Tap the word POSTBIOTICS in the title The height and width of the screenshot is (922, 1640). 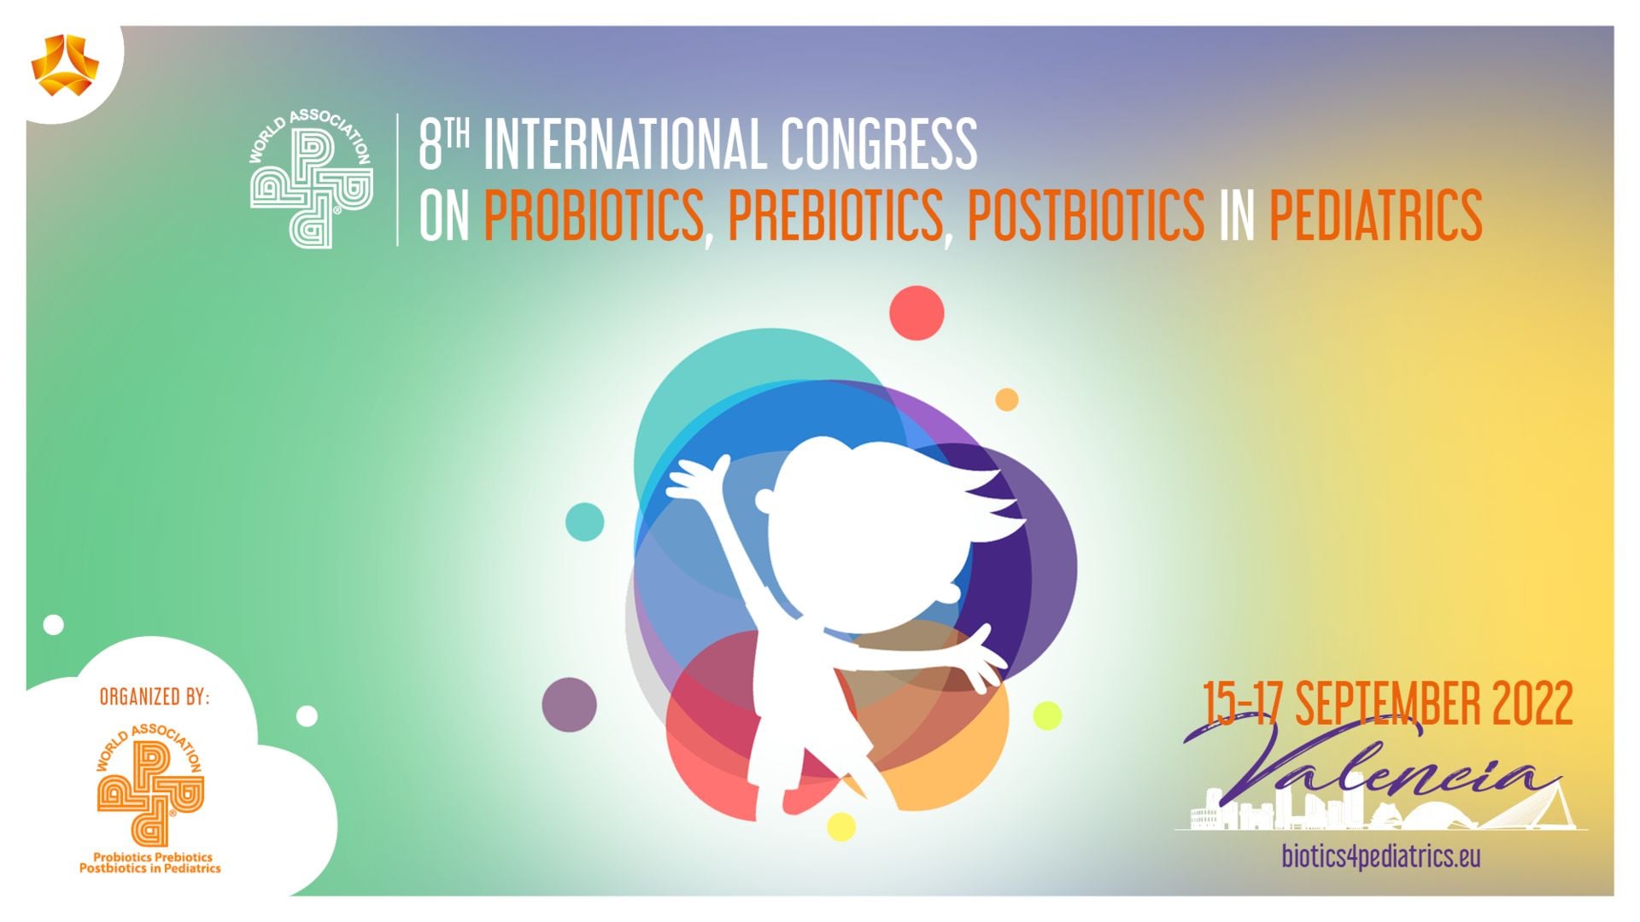[x=1086, y=215]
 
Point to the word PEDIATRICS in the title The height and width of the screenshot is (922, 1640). [x=1375, y=215]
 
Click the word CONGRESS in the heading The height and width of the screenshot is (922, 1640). [x=878, y=143]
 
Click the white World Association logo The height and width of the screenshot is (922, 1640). [x=311, y=179]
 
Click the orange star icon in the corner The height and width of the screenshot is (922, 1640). [x=65, y=65]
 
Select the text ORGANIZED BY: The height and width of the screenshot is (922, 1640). [x=155, y=697]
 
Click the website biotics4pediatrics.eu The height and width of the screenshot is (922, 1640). [x=1381, y=855]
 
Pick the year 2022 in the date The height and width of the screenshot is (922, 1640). [x=1532, y=704]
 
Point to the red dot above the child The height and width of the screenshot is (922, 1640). [x=917, y=312]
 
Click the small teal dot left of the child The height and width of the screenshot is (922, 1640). [x=585, y=522]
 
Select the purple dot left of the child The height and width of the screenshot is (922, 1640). [x=569, y=704]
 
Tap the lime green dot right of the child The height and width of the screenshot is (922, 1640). [x=1047, y=715]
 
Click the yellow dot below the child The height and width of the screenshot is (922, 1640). [x=841, y=826]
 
